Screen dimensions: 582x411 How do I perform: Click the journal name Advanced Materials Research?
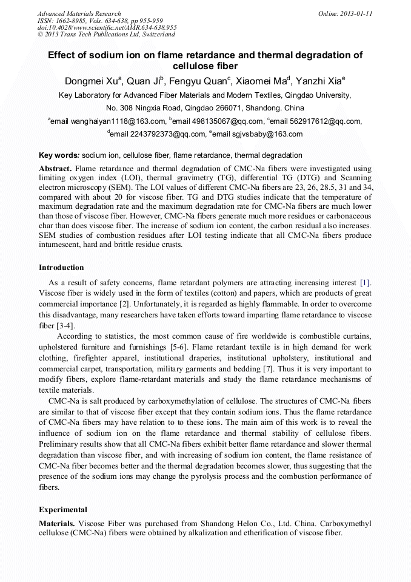point(79,13)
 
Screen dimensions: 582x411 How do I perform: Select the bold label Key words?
point(59,155)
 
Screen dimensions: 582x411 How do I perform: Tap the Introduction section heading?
point(61,268)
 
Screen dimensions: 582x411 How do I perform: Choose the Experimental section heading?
point(63,510)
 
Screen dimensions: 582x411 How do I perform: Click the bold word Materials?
point(57,523)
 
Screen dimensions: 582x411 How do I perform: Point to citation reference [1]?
point(365,282)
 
